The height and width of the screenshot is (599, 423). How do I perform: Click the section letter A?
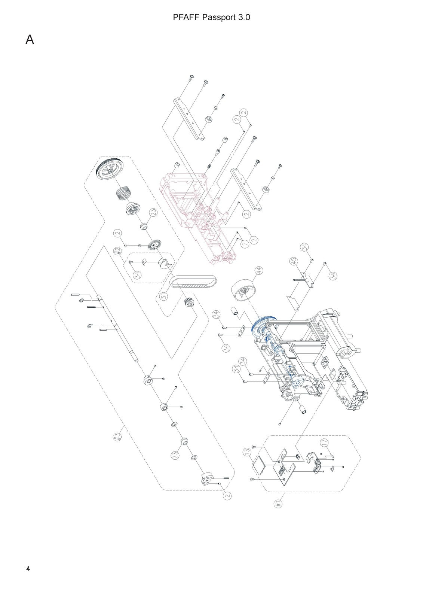pos(30,40)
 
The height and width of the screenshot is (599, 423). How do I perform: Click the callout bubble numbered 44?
pos(259,270)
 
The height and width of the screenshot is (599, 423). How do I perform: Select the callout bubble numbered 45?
pos(294,261)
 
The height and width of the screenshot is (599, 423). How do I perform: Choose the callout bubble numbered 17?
pos(324,443)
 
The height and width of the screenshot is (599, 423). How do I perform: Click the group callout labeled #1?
pos(278,504)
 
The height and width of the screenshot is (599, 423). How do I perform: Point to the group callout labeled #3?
pos(117,437)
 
